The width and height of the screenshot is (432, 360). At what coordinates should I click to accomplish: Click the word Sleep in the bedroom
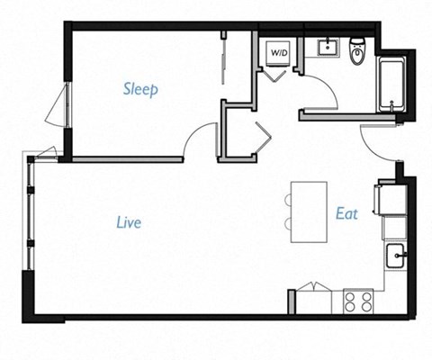pos(141,89)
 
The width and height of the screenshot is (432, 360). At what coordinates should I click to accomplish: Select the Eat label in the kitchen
pos(347,214)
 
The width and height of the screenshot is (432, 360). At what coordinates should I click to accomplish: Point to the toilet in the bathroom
pos(358,50)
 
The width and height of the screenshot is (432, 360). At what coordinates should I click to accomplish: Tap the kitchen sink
pos(396,257)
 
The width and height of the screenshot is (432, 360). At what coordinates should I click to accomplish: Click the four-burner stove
pos(357,301)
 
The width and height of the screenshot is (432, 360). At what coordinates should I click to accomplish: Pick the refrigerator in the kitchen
pos(392,201)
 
